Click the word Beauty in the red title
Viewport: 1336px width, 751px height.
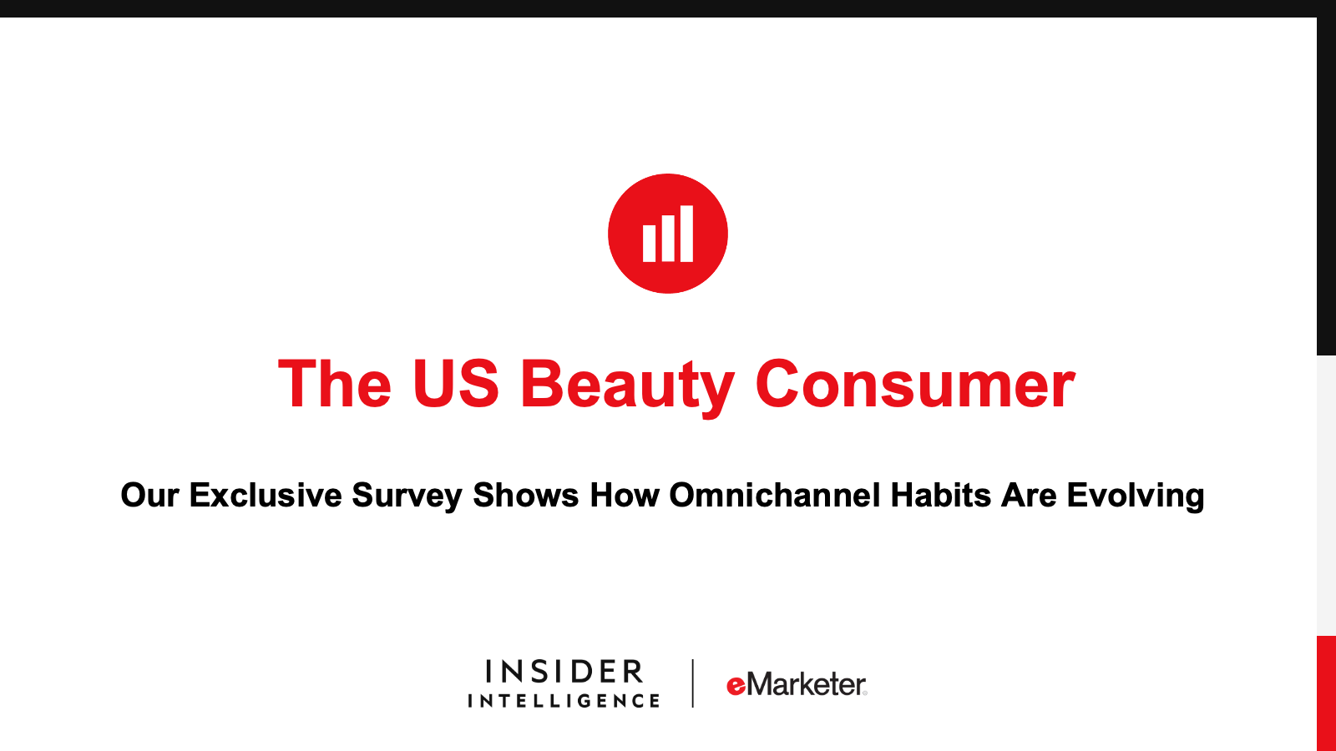coord(626,385)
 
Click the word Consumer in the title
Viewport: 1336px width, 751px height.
coord(914,385)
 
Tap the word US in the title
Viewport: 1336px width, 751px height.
coord(455,385)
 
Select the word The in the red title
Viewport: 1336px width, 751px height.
coord(334,385)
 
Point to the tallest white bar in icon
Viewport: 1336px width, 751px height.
coord(686,234)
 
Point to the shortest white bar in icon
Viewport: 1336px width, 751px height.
coord(649,243)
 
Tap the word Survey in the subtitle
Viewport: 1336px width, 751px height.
coord(407,496)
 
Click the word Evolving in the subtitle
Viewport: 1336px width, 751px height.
coord(1135,496)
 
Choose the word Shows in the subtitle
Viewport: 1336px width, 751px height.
coord(525,495)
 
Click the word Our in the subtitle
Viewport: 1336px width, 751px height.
coord(149,495)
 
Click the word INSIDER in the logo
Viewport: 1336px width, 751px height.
coord(564,672)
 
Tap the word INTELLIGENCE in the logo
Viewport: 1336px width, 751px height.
coord(564,701)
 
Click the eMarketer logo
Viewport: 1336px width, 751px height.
coord(797,684)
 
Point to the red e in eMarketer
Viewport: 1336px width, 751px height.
coord(736,686)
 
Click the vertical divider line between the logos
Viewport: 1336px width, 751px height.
coord(693,683)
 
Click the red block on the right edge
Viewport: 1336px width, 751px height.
coord(1326,693)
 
